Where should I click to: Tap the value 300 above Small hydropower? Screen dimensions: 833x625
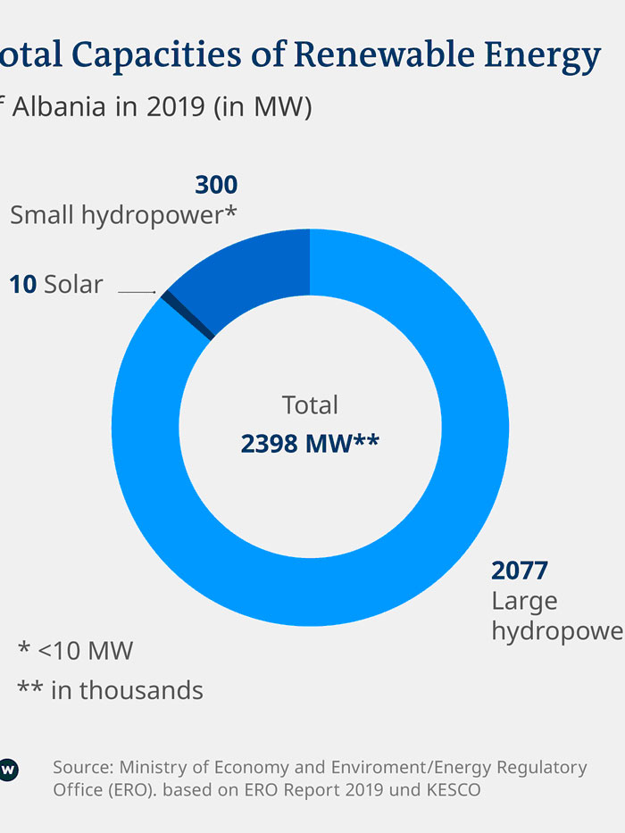pyautogui.click(x=216, y=185)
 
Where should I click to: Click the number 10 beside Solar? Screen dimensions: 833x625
pyautogui.click(x=23, y=285)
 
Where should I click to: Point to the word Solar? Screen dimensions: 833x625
pyautogui.click(x=73, y=285)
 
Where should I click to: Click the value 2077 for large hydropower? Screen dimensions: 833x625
pyautogui.click(x=520, y=570)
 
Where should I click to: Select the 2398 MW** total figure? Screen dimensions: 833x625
pyautogui.click(x=310, y=443)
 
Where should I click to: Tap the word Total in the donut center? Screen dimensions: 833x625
pyautogui.click(x=310, y=404)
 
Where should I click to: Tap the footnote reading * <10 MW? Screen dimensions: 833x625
pyautogui.click(x=75, y=650)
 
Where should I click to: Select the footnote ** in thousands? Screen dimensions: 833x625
pyautogui.click(x=110, y=689)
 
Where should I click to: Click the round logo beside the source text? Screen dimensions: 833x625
pyautogui.click(x=7, y=769)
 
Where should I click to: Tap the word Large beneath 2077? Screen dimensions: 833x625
pyautogui.click(x=524, y=601)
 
